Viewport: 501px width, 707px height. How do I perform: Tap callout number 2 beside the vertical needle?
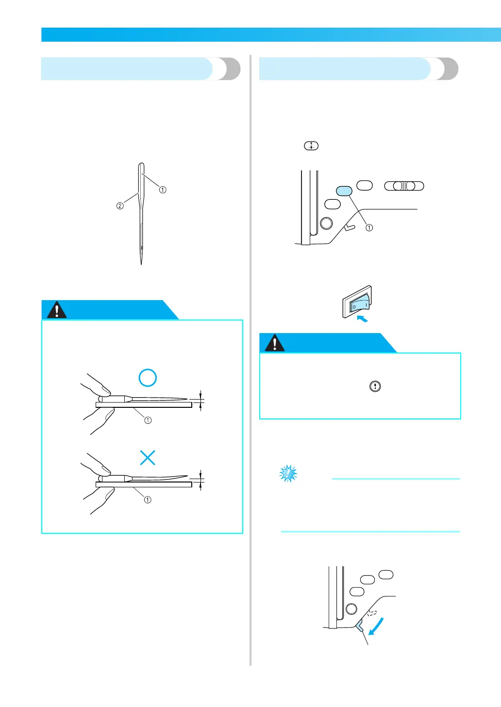point(120,206)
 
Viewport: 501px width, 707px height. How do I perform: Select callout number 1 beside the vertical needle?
point(163,190)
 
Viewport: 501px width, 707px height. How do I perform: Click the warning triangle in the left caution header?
point(57,310)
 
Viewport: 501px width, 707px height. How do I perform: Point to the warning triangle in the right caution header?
point(275,343)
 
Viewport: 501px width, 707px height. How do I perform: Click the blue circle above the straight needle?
point(148,378)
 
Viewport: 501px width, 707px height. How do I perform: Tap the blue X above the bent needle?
point(148,457)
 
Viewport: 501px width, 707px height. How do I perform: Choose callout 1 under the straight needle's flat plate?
point(148,420)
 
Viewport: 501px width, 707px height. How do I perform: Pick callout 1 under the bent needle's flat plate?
point(148,499)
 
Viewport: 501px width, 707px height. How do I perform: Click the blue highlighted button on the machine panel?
point(344,192)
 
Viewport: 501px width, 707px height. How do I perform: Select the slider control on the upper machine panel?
point(404,186)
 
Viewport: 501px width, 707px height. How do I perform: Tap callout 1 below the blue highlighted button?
point(369,227)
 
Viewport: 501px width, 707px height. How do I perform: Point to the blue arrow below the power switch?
point(362,319)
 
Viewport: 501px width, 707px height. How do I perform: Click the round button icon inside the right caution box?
point(375,386)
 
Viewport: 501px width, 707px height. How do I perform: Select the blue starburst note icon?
point(288,474)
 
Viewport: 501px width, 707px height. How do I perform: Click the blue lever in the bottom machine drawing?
point(360,627)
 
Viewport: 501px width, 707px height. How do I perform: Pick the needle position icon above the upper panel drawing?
point(311,145)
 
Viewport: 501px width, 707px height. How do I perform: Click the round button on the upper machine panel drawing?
point(327,223)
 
